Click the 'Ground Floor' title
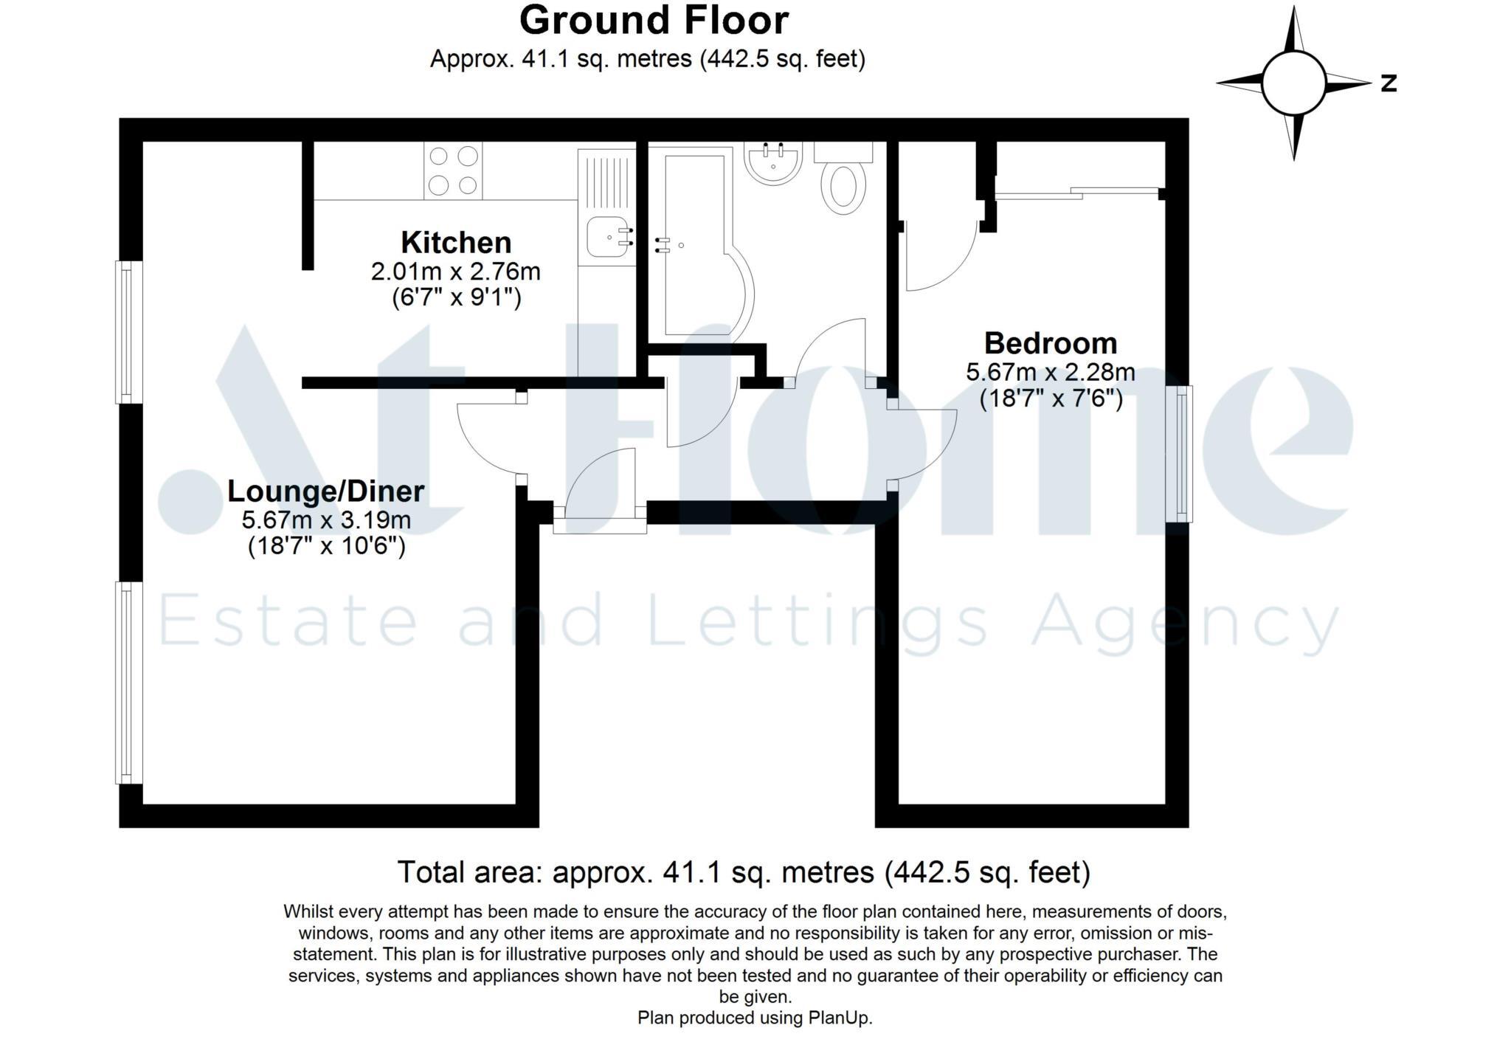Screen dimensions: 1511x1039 coord(654,21)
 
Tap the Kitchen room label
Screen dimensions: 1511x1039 coord(456,243)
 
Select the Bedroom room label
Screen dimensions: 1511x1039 coord(1051,344)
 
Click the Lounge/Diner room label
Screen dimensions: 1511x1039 coord(325,491)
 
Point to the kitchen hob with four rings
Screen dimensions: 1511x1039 coord(453,170)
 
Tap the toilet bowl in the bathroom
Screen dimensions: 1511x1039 coord(844,187)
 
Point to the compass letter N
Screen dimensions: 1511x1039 coord(1389,83)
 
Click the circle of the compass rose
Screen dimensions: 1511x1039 coord(1293,83)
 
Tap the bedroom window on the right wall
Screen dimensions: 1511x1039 coord(1179,454)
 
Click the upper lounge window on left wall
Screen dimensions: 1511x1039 coord(128,332)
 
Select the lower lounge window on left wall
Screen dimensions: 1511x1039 coord(128,683)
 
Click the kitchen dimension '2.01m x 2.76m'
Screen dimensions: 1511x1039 coord(456,272)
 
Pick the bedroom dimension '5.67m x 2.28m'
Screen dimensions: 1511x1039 coord(1051,372)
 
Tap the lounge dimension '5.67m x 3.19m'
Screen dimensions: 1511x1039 coord(326,519)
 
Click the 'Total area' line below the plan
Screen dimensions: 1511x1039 coord(744,872)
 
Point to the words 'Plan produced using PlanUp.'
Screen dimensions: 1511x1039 coord(755,1018)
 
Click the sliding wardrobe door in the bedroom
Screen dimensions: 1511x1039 coord(1077,193)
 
